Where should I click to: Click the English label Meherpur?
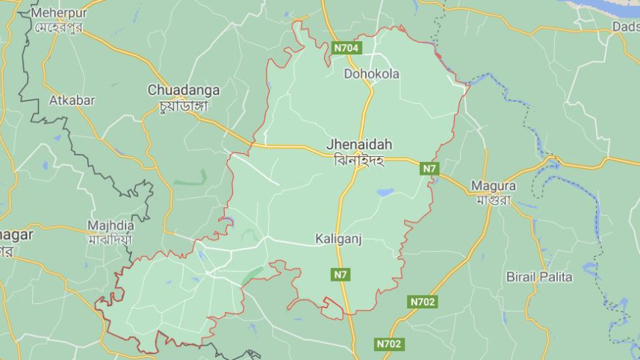pyautogui.click(x=58, y=13)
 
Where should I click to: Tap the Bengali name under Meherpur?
pyautogui.click(x=58, y=28)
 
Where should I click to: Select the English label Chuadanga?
pyautogui.click(x=184, y=90)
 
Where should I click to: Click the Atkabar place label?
pyautogui.click(x=72, y=100)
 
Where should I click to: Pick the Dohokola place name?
pyautogui.click(x=371, y=74)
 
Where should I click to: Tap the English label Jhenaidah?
pyautogui.click(x=359, y=144)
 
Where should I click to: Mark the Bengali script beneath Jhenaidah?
pyautogui.click(x=359, y=159)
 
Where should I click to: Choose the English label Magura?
pyautogui.click(x=493, y=185)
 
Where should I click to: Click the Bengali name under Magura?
pyautogui.click(x=492, y=199)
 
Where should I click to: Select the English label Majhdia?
pyautogui.click(x=111, y=225)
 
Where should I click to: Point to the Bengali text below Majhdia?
pyautogui.click(x=111, y=240)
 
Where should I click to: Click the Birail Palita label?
pyautogui.click(x=539, y=277)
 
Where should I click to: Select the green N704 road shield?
pyautogui.click(x=347, y=48)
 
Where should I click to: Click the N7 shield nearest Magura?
pyautogui.click(x=429, y=169)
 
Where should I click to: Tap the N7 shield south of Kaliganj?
pyautogui.click(x=341, y=274)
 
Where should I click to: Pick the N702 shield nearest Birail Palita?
pyautogui.click(x=423, y=302)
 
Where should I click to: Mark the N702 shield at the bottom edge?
pyautogui.click(x=388, y=344)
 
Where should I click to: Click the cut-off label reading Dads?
pyautogui.click(x=625, y=26)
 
